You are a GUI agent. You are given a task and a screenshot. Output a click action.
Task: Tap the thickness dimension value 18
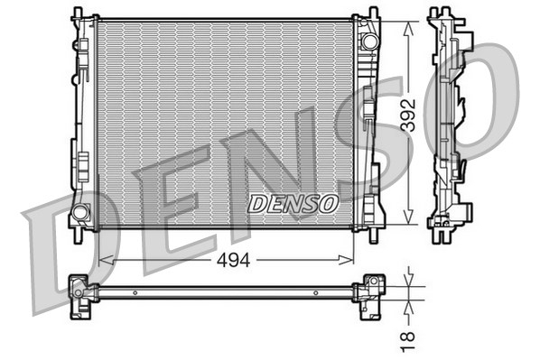click(x=409, y=340)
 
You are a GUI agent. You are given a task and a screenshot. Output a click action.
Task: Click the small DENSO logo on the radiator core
click(x=293, y=204)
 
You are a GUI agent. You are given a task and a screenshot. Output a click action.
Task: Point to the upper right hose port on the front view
click(x=368, y=42)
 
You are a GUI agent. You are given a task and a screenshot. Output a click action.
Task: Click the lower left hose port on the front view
click(x=79, y=213)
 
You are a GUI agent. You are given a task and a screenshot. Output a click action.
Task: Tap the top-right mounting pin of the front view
click(x=373, y=13)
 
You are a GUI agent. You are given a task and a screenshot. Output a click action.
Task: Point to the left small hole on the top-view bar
click(x=135, y=291)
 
